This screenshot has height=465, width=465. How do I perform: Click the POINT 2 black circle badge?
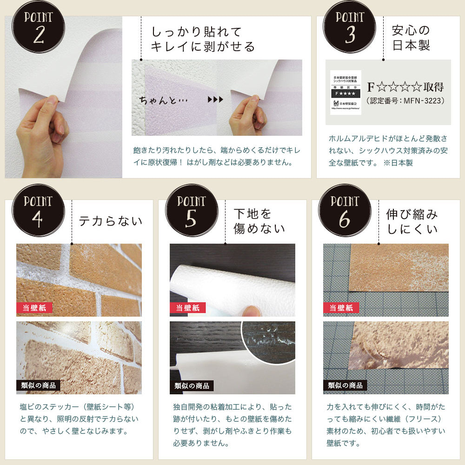(39, 27)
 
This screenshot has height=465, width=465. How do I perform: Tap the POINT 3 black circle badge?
(350, 27)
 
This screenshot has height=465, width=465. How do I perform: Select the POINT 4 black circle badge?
(38, 210)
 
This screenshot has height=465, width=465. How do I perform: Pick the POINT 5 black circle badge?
(191, 210)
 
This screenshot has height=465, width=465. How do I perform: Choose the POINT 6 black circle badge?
(345, 210)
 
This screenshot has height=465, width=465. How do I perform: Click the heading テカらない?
(110, 221)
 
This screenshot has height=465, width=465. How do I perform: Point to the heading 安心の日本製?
(411, 38)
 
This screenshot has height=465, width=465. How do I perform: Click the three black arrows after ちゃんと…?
(215, 100)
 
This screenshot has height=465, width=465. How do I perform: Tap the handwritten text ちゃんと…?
(162, 100)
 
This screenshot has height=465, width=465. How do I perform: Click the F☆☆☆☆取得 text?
(405, 87)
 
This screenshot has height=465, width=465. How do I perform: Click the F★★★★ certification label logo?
(345, 92)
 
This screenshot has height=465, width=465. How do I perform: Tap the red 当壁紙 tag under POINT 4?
(34, 307)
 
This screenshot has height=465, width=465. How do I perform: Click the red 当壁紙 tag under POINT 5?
(188, 307)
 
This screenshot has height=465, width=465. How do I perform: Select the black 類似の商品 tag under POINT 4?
(38, 385)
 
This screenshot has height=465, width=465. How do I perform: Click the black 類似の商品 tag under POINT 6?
(345, 385)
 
